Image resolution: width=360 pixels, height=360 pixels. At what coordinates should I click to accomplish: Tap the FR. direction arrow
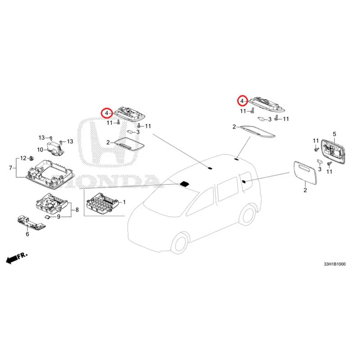tap(16, 258)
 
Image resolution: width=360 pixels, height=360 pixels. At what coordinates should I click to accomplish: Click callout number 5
tap(334, 134)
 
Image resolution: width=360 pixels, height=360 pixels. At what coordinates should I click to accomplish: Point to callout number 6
tap(27, 234)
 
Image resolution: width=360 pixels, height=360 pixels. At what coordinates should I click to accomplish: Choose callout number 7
tap(10, 168)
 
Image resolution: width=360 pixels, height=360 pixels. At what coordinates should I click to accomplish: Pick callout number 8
tap(77, 210)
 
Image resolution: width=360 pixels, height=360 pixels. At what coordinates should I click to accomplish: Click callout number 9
tap(58, 217)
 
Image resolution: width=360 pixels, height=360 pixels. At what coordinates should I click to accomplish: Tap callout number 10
tap(40, 149)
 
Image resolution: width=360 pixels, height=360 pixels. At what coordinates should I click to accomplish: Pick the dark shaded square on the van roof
tap(184, 183)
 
